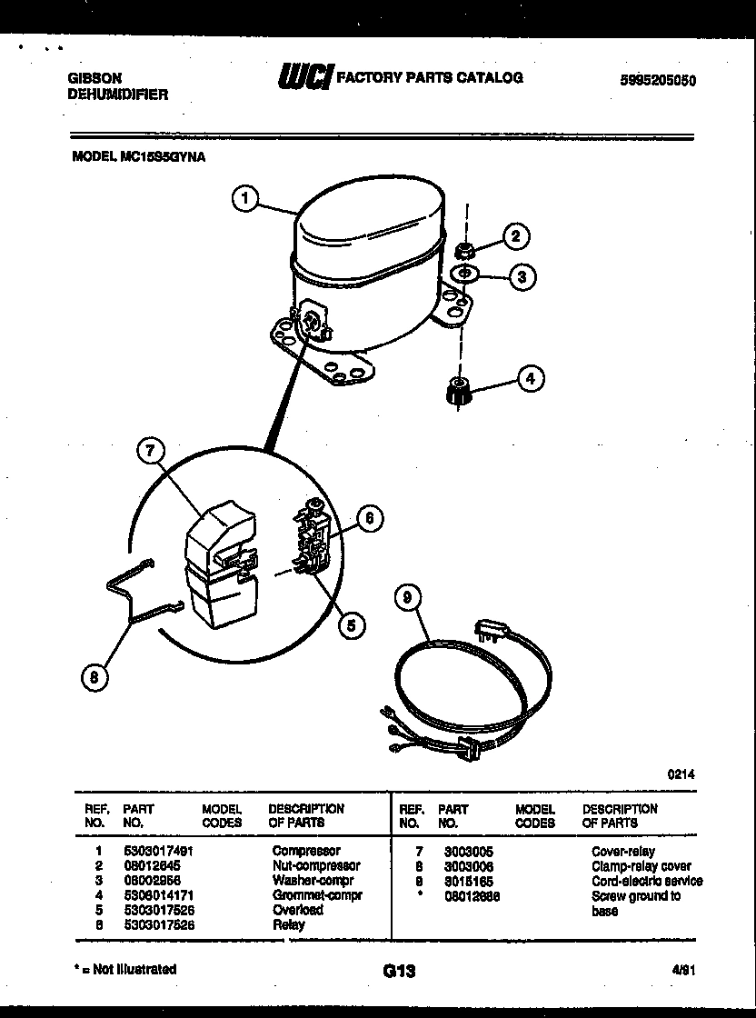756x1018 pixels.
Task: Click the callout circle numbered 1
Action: (x=246, y=198)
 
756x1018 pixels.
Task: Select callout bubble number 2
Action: (x=515, y=236)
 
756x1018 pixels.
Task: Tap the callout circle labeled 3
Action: (x=521, y=277)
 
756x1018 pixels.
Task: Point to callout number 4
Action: (x=530, y=378)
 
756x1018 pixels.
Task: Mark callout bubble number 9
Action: (x=410, y=597)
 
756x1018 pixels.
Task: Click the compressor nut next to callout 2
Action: (x=463, y=249)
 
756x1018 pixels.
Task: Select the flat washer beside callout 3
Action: (x=464, y=274)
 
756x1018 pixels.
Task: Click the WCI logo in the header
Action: (x=305, y=78)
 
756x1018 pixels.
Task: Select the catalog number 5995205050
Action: (x=657, y=80)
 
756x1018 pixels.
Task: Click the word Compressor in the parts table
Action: (x=306, y=851)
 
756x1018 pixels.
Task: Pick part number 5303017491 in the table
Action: (x=159, y=851)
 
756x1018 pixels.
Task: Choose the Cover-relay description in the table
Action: (x=622, y=852)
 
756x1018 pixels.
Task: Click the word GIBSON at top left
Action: (x=94, y=78)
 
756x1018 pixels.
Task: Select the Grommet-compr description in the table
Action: (x=317, y=895)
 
